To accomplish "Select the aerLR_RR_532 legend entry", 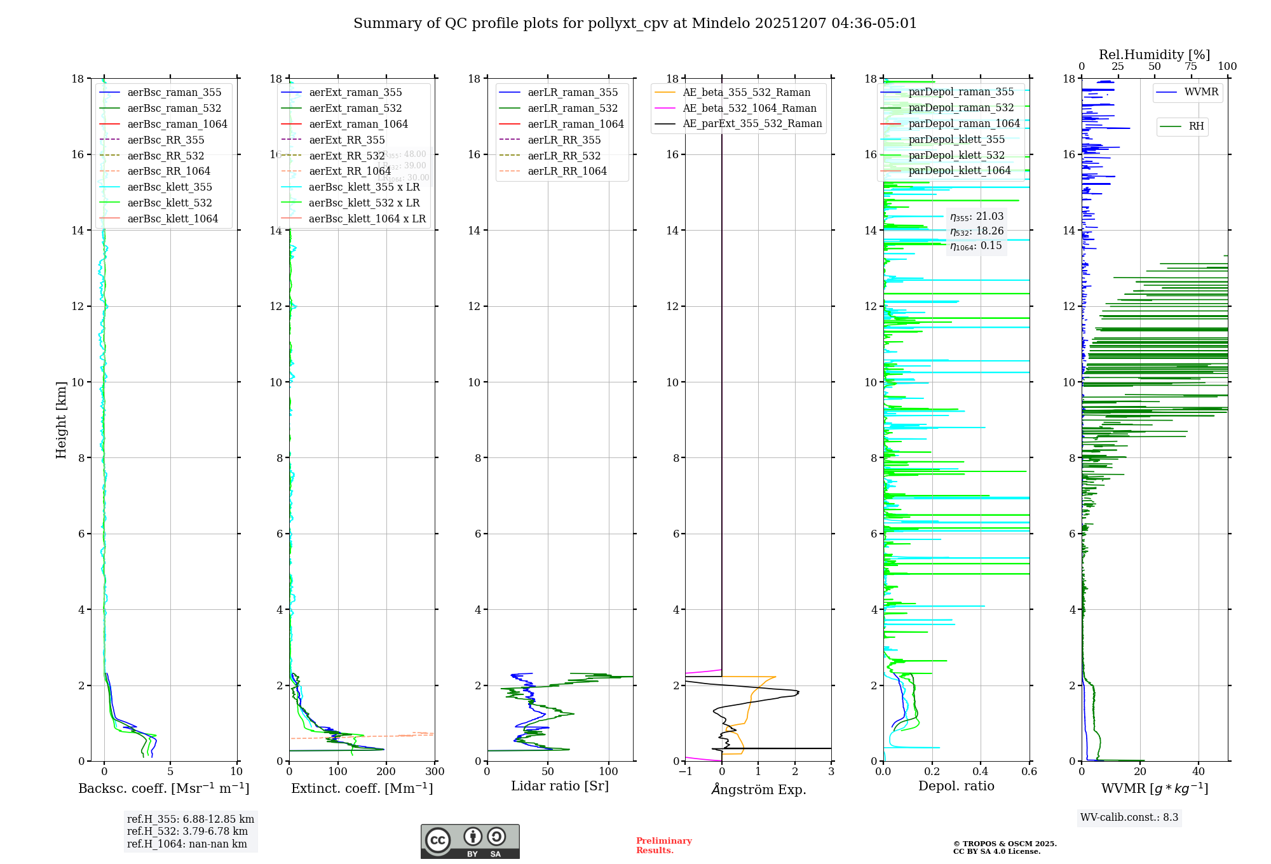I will (564, 156).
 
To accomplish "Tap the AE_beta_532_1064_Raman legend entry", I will (749, 108).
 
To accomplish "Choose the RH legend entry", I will (1196, 126).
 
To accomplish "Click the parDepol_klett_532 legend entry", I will (956, 155).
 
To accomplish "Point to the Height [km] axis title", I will (61, 419).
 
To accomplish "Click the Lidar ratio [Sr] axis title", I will (559, 786).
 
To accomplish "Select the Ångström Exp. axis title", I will (758, 789).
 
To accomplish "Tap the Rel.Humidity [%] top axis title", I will (1154, 55).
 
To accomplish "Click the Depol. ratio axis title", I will (956, 786).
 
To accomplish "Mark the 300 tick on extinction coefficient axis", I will (435, 772).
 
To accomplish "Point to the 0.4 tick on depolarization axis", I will (981, 772).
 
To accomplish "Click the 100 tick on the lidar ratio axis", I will (609, 772).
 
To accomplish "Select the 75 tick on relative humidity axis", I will (1191, 67).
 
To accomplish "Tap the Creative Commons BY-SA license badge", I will (470, 841).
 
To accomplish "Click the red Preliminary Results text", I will (663, 846).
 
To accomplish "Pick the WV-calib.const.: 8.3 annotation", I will (1129, 818).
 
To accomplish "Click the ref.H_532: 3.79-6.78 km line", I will (187, 831).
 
